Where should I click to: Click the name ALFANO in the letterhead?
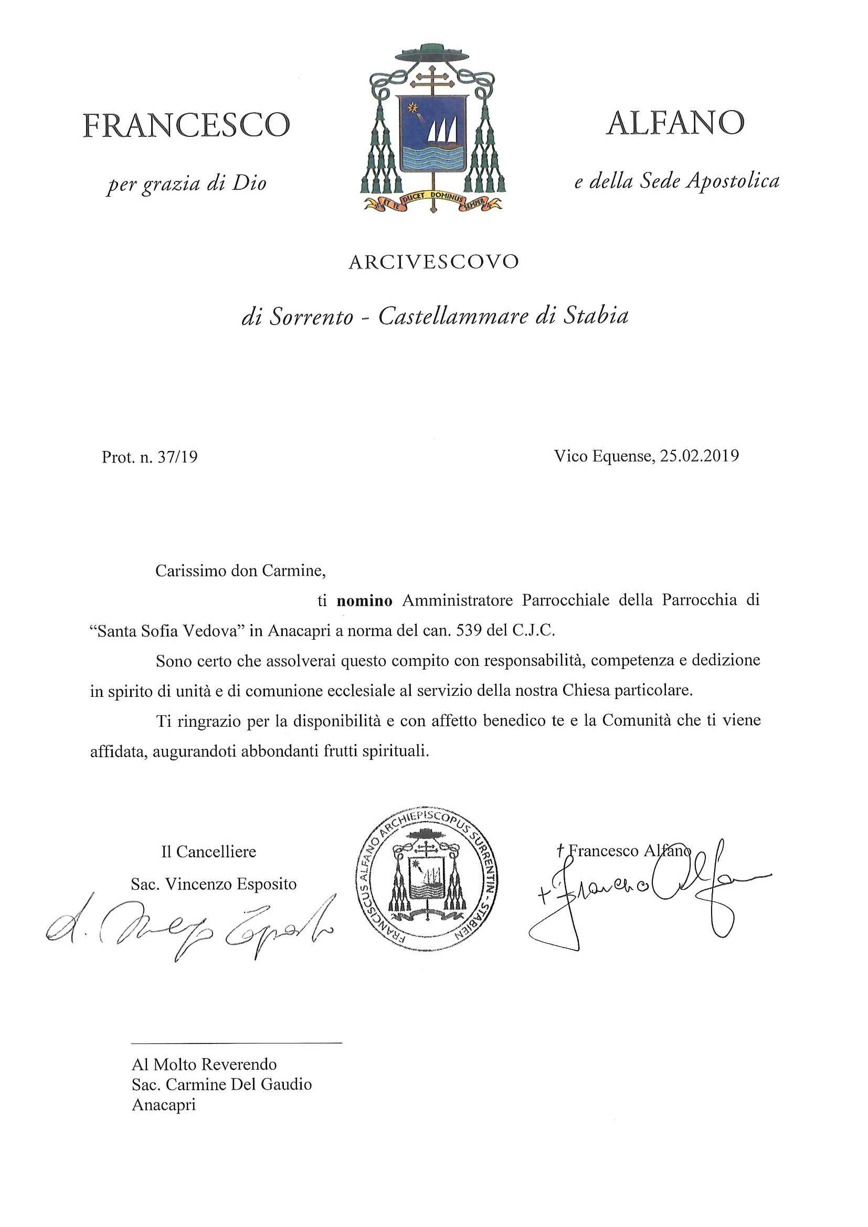675,123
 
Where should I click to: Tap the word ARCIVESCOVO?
433,262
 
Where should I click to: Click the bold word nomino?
364,601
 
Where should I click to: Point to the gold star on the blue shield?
412,109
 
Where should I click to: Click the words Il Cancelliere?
208,852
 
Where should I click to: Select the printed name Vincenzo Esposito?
230,884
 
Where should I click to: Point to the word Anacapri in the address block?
164,1105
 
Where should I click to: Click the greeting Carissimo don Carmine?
240,571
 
